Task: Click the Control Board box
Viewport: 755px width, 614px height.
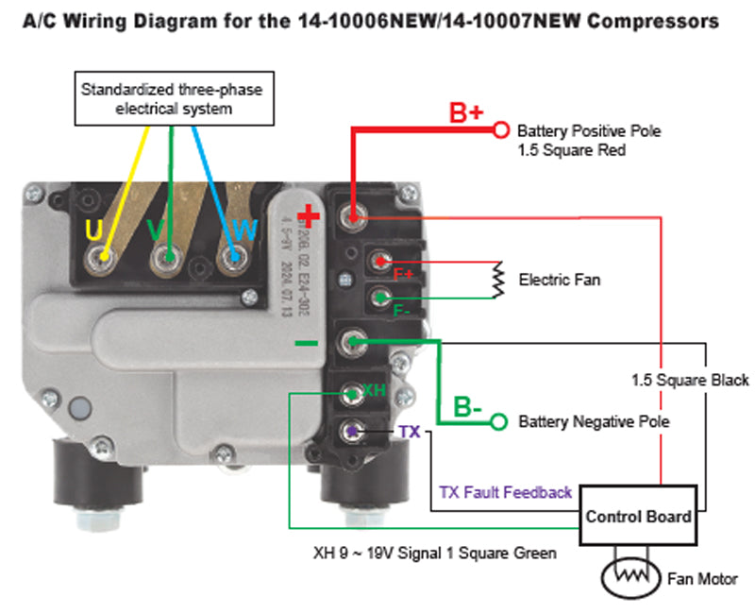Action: tap(639, 517)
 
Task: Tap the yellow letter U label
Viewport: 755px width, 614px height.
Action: tap(94, 230)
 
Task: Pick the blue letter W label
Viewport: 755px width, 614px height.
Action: tap(243, 230)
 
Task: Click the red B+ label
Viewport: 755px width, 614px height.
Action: tap(465, 114)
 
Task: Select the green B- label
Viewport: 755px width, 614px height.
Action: tap(468, 408)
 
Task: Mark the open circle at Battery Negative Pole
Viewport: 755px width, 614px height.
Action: tap(500, 421)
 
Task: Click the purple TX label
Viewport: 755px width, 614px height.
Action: tap(410, 432)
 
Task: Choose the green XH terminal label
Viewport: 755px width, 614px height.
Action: tap(374, 389)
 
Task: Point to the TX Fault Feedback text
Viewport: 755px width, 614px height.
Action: tap(506, 492)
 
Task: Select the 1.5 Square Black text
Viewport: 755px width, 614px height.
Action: tap(690, 380)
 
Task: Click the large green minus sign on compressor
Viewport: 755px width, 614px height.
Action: tap(307, 342)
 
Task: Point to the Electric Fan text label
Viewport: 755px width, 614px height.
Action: tap(559, 280)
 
